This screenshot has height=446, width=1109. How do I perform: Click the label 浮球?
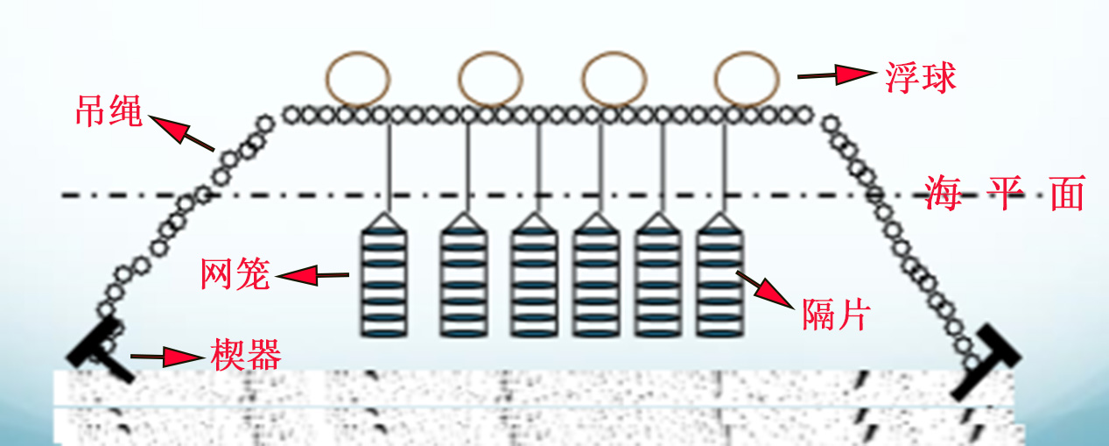coord(917,78)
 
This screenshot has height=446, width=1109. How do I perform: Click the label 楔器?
coord(246,355)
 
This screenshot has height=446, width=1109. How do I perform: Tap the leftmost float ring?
coord(357,77)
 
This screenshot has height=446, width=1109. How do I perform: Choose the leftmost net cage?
coord(386,280)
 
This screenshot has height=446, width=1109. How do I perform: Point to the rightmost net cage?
coord(720,280)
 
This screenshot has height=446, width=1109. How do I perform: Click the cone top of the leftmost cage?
coord(386,221)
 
